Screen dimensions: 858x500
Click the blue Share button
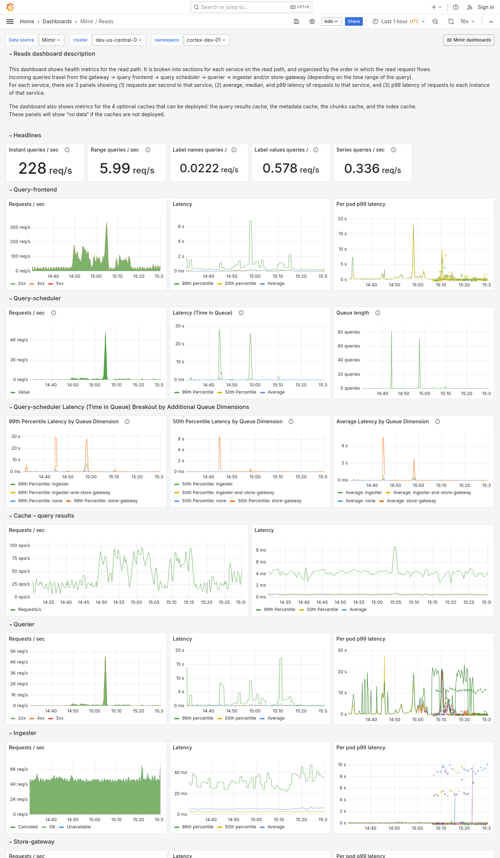pos(354,21)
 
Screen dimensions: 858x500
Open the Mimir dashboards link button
pos(469,40)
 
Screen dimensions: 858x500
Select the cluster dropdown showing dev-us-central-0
pos(118,40)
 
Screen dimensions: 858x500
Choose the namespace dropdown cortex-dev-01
pos(206,40)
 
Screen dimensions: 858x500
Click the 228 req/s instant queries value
pos(45,168)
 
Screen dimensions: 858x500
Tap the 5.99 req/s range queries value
pos(127,168)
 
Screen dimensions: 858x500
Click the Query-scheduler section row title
pos(37,298)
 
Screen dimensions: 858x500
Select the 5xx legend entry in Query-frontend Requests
pos(59,283)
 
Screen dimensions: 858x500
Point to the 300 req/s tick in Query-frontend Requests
pos(20,227)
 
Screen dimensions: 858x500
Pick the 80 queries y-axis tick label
pos(349,332)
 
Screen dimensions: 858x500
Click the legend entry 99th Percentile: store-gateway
pos(105,501)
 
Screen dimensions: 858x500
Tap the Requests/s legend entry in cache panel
pos(29,610)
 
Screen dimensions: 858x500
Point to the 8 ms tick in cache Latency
pos(261,550)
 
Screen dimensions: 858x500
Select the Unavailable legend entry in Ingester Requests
pos(79,827)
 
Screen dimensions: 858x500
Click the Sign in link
pos(486,7)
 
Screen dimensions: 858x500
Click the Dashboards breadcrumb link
pos(57,21)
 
